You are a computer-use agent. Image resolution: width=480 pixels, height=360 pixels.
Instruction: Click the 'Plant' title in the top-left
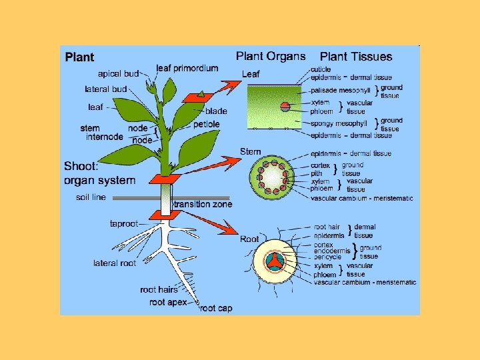(79, 57)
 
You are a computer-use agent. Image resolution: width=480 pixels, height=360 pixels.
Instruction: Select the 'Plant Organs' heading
(271, 57)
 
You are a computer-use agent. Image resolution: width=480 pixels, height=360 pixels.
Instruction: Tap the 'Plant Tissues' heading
(356, 57)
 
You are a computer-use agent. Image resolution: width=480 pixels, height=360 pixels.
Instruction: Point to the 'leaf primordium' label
(187, 68)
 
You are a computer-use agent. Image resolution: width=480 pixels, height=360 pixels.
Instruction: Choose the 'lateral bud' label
(105, 89)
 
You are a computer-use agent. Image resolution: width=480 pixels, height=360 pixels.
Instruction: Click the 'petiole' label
(206, 124)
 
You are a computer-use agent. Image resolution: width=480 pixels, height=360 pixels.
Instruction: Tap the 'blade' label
(216, 111)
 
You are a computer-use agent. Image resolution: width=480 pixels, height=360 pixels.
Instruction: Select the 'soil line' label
(91, 197)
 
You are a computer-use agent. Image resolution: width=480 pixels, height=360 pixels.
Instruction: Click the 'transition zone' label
(203, 205)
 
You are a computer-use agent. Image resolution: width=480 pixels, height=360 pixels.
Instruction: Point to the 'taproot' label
(123, 224)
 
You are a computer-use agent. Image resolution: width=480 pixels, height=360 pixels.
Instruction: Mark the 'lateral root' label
(114, 263)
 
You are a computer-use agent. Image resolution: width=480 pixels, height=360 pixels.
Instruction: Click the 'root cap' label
(215, 308)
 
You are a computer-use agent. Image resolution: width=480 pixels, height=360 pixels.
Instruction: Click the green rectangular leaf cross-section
(273, 107)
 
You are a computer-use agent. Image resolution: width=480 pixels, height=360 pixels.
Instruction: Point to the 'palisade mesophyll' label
(341, 90)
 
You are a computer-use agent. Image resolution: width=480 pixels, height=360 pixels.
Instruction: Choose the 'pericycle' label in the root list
(327, 257)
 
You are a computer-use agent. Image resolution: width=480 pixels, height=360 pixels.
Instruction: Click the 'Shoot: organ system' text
(99, 173)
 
